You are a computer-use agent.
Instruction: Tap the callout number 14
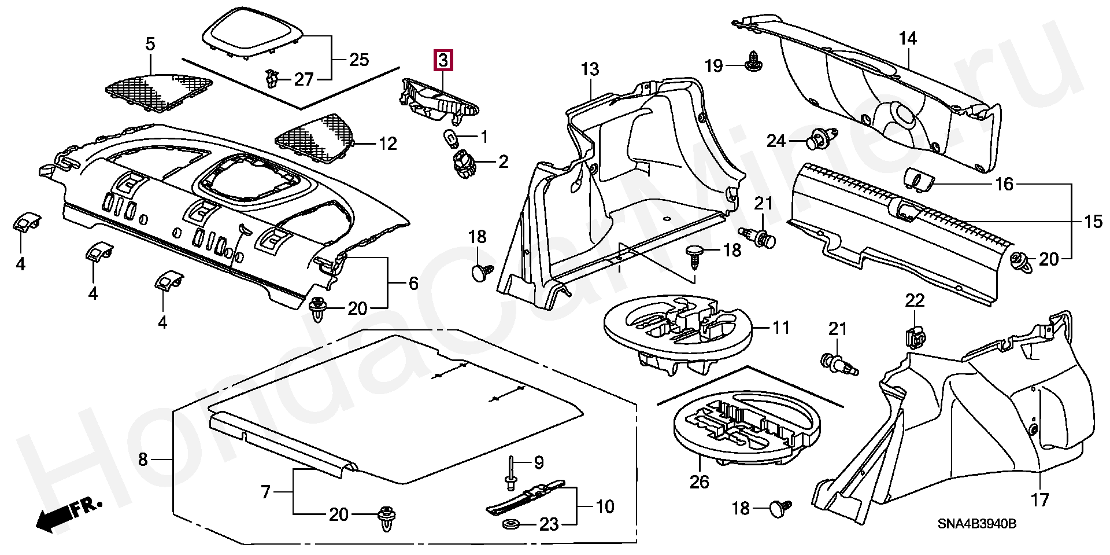click(908, 38)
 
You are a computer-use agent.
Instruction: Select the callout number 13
click(590, 69)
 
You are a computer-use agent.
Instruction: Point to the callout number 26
click(700, 482)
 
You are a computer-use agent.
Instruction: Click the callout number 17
click(1040, 499)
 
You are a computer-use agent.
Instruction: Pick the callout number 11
click(781, 328)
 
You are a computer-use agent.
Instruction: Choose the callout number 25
click(359, 60)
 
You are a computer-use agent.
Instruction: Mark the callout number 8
click(143, 460)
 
